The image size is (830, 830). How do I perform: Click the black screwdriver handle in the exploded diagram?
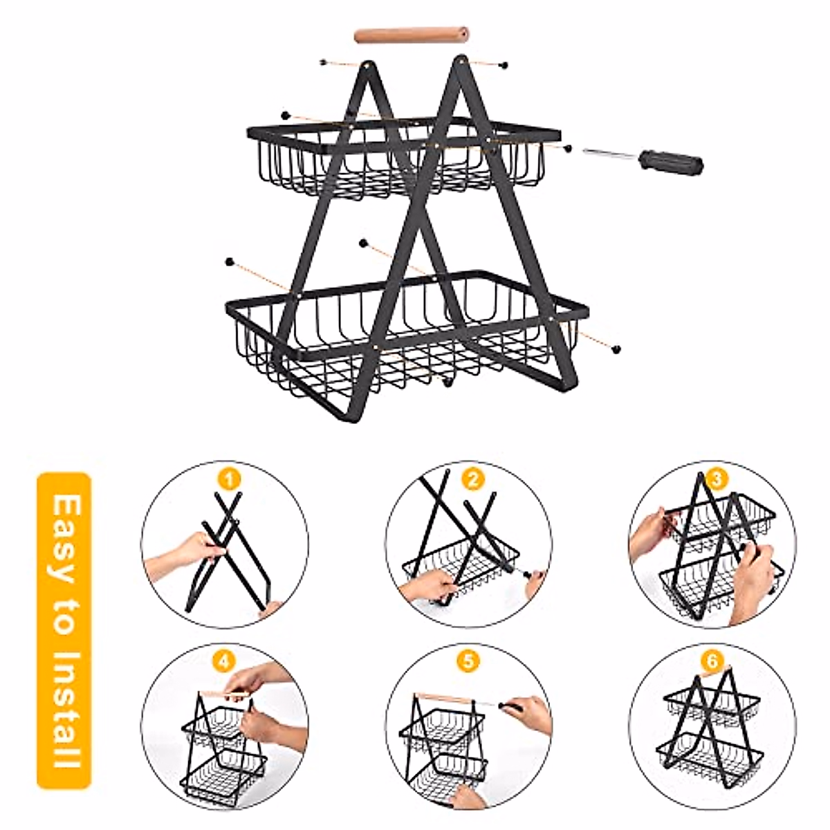[671, 163]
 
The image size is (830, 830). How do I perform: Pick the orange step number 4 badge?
[223, 660]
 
